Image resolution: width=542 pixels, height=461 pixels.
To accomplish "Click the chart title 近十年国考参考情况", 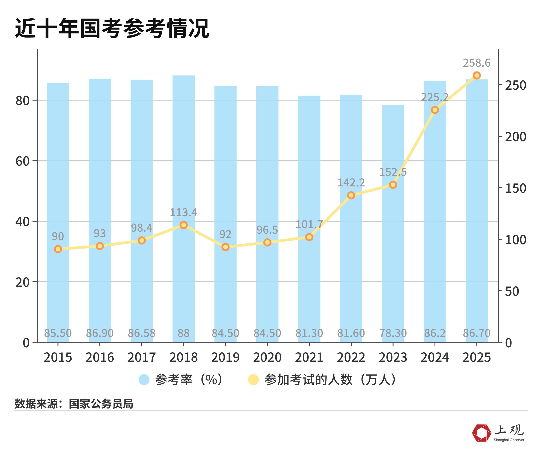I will click(112, 28).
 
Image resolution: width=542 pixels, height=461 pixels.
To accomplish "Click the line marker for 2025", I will click(477, 75).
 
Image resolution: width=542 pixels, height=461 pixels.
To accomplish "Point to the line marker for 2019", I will click(225, 247).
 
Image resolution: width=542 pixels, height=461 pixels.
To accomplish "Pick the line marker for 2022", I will click(351, 195).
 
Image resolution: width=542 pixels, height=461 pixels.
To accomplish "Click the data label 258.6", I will click(477, 63).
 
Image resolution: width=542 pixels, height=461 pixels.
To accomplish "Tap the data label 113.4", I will click(183, 212).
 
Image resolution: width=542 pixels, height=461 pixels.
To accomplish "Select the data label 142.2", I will click(351, 183).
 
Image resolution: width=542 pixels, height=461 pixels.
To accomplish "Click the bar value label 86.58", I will click(142, 333).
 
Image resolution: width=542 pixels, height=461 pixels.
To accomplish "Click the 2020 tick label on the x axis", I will click(267, 358).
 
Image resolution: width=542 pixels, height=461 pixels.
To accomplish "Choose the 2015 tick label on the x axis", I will click(58, 358).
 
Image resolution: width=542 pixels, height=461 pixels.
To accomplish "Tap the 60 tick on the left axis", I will click(22, 161).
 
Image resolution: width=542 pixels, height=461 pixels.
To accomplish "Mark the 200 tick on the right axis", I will click(515, 137).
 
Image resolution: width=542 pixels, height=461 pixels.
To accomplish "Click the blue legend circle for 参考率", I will click(144, 379).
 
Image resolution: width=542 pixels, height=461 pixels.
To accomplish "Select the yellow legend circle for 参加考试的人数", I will click(253, 379).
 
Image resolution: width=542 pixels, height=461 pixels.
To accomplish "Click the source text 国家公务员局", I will click(101, 404).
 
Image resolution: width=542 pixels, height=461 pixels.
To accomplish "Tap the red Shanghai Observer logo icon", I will click(481, 433).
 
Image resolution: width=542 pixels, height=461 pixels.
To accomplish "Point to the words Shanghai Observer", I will click(509, 440).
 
